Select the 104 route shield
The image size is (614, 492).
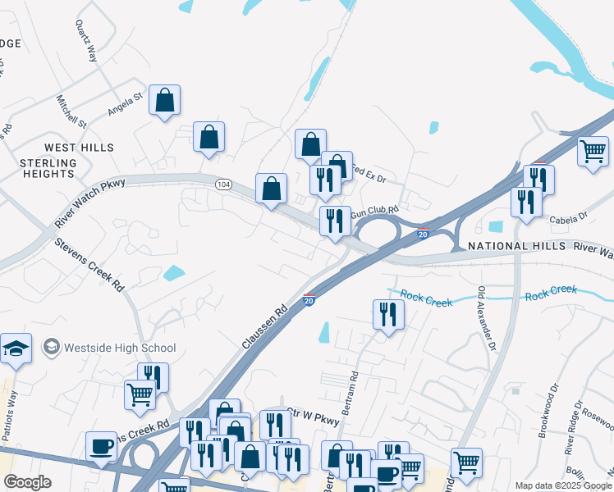223,185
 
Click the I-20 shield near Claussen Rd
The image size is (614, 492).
309,300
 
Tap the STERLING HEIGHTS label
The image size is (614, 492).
48,168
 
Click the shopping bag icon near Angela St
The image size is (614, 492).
165,100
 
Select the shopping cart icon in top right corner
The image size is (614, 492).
592,151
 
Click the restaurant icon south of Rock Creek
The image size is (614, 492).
388,314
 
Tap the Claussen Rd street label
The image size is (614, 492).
264,325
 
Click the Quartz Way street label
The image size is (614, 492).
86,42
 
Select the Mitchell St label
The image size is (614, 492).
71,111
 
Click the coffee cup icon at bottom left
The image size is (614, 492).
101,446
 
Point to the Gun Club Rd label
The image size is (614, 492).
374,213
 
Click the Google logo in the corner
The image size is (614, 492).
27,482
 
